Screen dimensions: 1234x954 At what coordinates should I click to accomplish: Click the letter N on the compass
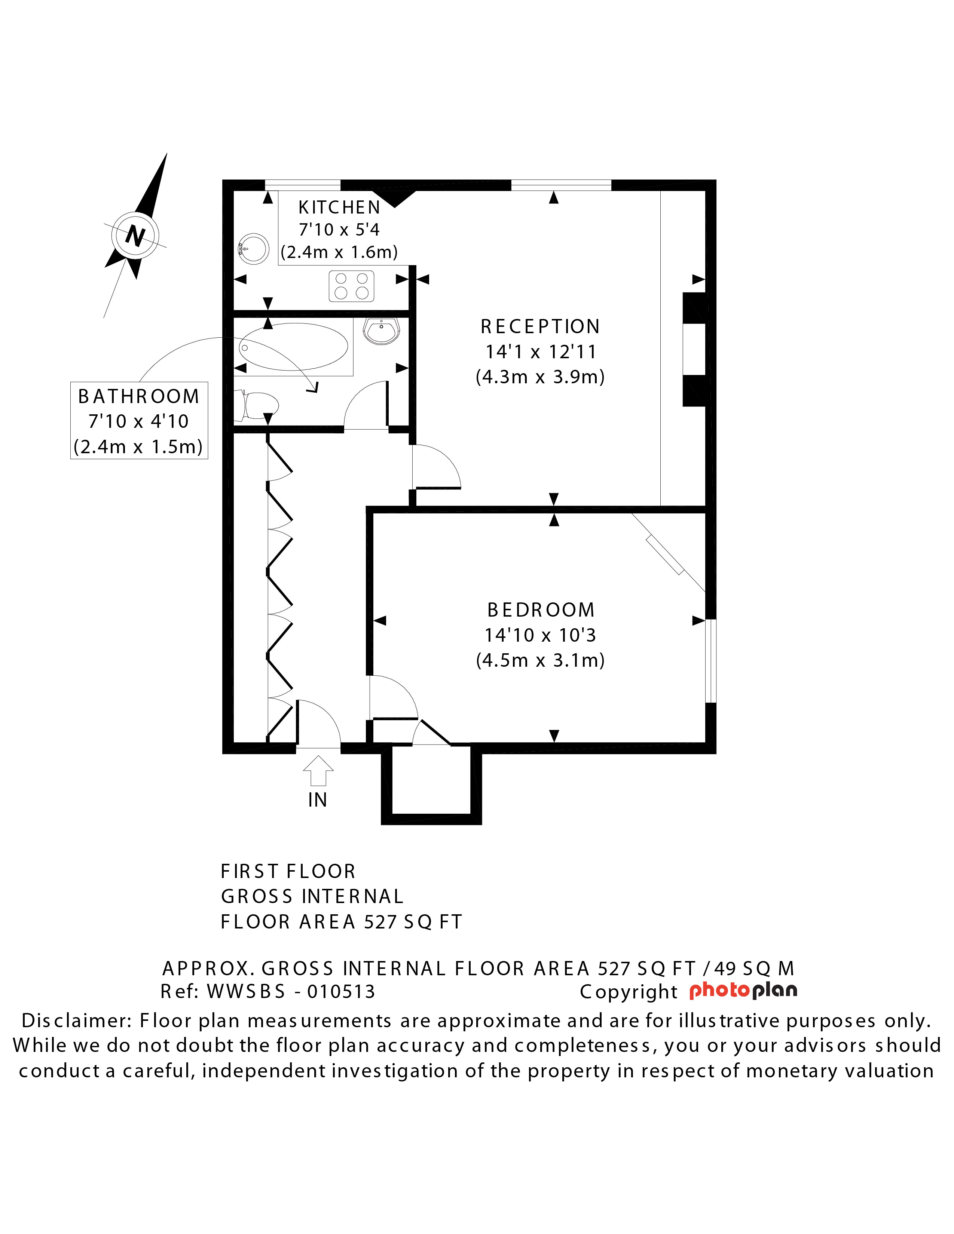coord(135,235)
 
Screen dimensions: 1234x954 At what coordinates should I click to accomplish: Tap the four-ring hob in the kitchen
coord(352,286)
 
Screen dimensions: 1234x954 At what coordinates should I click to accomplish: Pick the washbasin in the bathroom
coord(382,331)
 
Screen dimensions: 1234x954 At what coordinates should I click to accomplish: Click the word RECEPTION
coord(540,326)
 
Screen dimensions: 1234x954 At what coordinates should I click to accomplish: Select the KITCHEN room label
coord(339,208)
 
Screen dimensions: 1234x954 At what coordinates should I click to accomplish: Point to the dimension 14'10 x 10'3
coord(540,635)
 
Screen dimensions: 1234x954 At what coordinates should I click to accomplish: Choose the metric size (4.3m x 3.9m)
coord(540,377)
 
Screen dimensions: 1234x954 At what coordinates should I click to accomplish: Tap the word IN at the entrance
coord(318,800)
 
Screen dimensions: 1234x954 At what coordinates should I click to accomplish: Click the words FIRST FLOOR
coord(288,871)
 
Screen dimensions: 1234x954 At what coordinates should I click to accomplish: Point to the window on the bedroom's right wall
coord(711,661)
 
